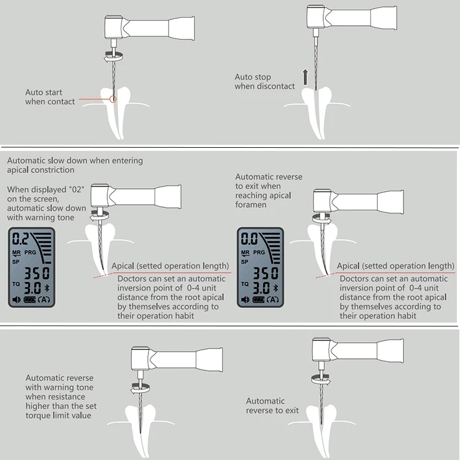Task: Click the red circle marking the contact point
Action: tap(113, 99)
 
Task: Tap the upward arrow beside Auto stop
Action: tap(305, 77)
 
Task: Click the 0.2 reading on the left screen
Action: tap(20, 239)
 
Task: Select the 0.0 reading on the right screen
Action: tap(249, 239)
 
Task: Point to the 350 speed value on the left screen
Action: tap(37, 273)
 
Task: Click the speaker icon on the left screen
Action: tap(17, 299)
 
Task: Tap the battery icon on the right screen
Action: tap(258, 299)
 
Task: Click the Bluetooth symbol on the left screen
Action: tap(47, 288)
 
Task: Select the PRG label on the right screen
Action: tap(259, 252)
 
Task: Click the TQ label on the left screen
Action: tap(16, 284)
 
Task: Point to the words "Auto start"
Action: tap(44, 93)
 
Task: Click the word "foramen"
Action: tap(251, 204)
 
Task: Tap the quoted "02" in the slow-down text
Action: tap(76, 190)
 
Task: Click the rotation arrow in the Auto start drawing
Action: tap(113, 56)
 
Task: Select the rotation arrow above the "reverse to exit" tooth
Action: tap(321, 379)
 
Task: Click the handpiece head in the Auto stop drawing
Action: tap(315, 17)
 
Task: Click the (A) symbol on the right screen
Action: tap(273, 299)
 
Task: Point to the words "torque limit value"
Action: tap(58, 415)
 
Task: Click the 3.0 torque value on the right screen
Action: tap(261, 288)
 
